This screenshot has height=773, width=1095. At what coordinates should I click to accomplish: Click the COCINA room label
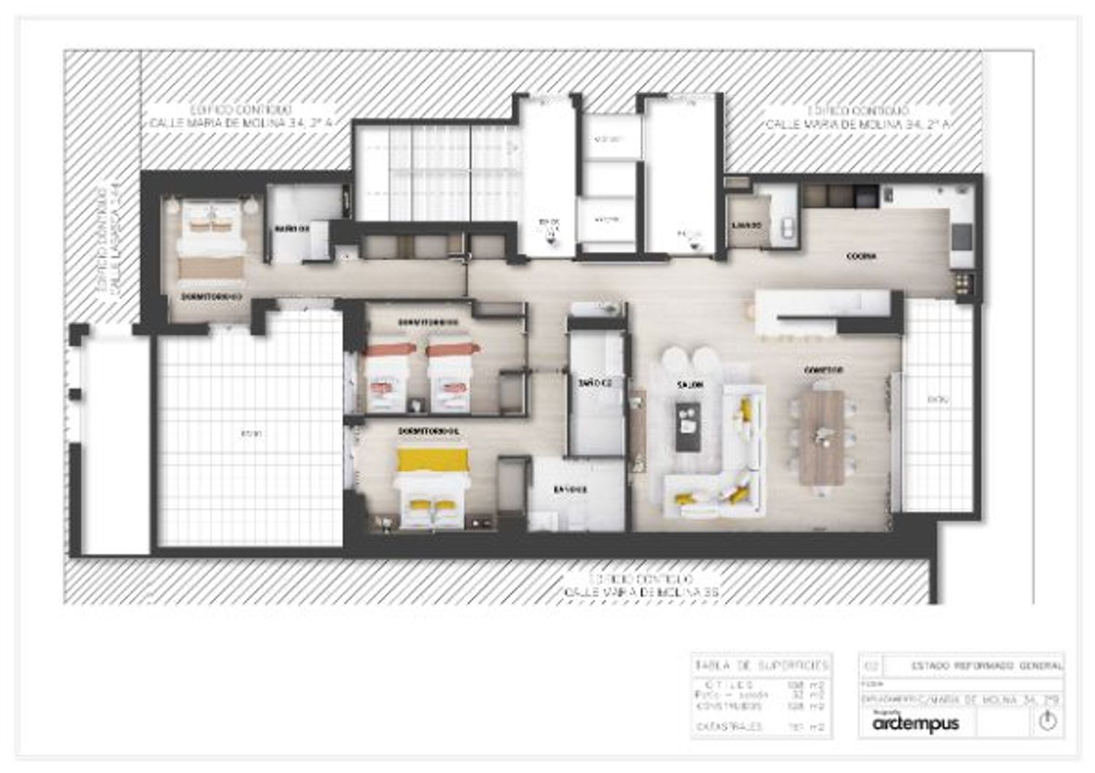861,256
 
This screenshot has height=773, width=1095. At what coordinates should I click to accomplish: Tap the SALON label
689,384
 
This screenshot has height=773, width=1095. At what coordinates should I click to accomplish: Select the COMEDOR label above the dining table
823,370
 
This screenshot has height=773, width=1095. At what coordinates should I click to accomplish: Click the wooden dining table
822,437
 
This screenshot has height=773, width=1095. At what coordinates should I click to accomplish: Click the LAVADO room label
747,225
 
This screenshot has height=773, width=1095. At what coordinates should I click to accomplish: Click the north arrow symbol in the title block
1048,721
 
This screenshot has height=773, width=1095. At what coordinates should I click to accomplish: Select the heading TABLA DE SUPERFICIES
761,666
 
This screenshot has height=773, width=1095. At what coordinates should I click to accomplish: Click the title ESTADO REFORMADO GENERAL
987,666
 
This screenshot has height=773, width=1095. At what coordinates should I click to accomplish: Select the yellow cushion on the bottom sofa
685,499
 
